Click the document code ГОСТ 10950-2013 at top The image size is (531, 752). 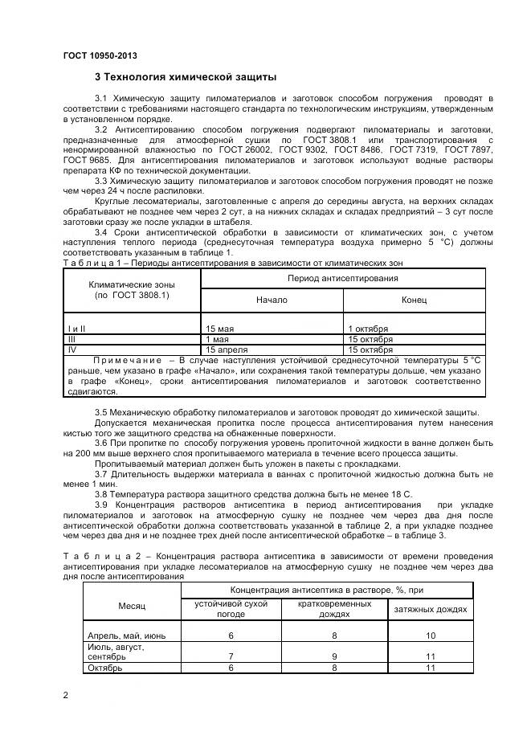click(x=100, y=55)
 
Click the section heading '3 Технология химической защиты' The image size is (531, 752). click(x=186, y=78)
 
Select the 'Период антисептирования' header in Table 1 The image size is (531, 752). click(x=342, y=278)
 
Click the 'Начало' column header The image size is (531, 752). click(x=272, y=300)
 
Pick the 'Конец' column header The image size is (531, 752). click(x=414, y=300)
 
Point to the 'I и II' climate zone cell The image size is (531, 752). click(x=77, y=329)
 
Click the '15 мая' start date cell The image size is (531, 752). click(x=222, y=329)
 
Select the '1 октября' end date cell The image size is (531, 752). click(x=368, y=329)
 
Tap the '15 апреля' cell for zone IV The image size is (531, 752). click(x=225, y=349)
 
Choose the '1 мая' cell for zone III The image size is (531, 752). click(x=218, y=339)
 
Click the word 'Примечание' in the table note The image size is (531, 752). click(x=128, y=360)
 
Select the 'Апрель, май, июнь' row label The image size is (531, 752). click(x=126, y=635)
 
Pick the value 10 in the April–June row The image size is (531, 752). click(x=431, y=635)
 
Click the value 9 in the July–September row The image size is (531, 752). click(x=334, y=656)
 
